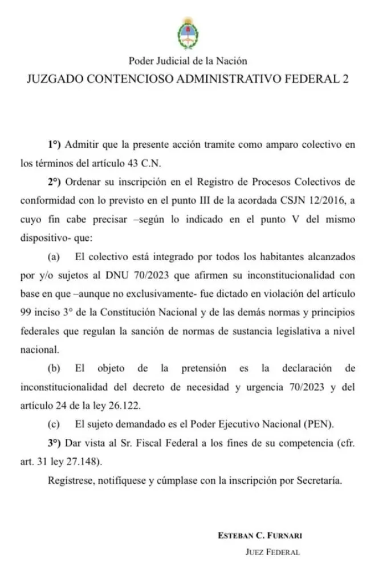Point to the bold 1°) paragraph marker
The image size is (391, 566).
pyautogui.click(x=55, y=144)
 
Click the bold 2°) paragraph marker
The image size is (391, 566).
pyautogui.click(x=55, y=181)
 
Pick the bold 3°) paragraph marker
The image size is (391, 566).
pyautogui.click(x=55, y=443)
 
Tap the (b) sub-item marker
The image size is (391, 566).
pyautogui.click(x=55, y=368)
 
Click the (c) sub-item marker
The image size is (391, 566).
pyautogui.click(x=55, y=424)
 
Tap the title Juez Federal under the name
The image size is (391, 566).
pyautogui.click(x=272, y=552)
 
